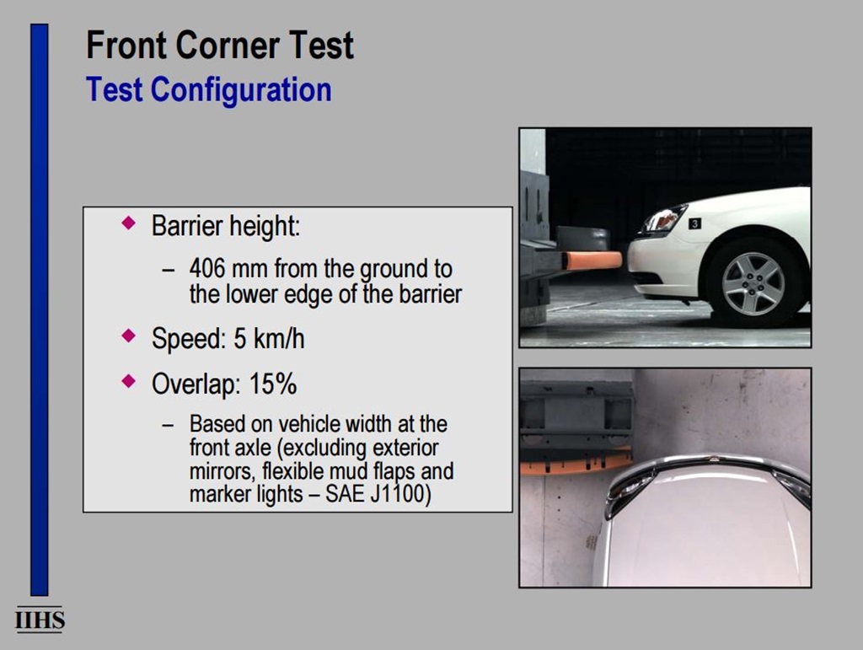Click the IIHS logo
pos(40,620)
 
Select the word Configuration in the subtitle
pos(241,89)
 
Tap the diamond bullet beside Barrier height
pos(129,223)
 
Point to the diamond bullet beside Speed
pos(129,336)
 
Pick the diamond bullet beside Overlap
pos(129,380)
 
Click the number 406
pos(207,269)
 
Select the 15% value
pos(273,384)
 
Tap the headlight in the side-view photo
pos(664,218)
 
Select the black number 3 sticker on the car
pos(694,223)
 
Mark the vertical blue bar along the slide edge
pos(40,309)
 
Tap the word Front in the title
pos(126,46)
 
